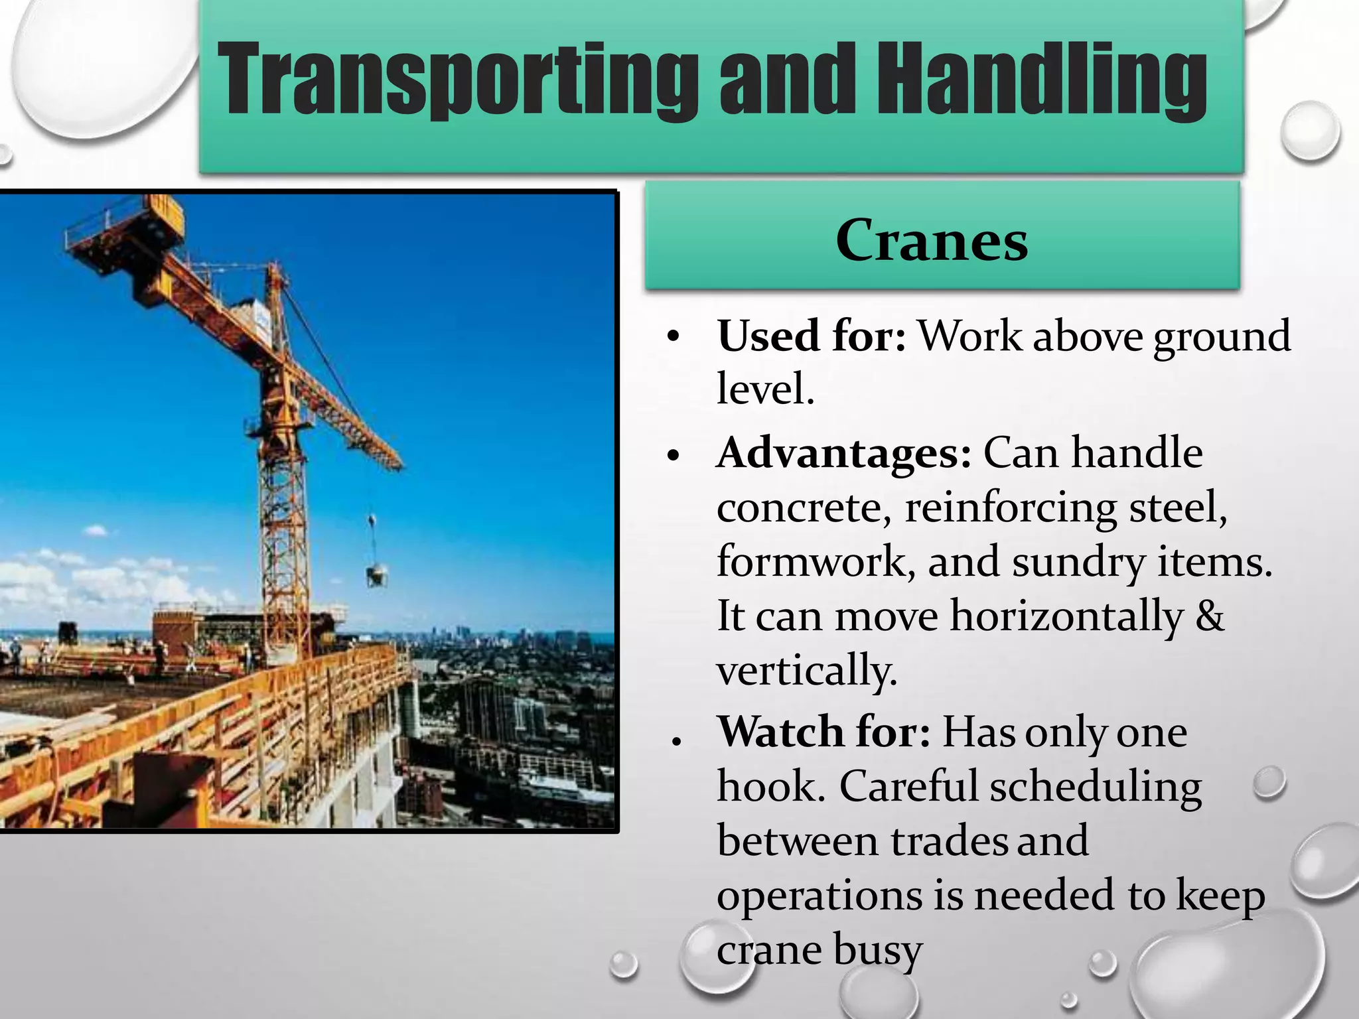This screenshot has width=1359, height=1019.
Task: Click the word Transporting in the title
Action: pos(458,80)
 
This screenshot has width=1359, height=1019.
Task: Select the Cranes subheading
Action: pos(932,240)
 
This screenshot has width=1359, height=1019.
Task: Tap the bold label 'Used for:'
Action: pos(811,336)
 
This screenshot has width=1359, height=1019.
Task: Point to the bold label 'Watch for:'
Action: pos(824,732)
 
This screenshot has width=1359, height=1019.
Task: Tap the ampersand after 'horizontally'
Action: pos(1209,616)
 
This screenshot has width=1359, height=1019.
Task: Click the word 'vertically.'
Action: pos(807,670)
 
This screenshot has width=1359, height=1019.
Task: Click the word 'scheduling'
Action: pos(1096,788)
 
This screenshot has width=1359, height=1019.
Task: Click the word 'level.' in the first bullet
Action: pos(765,389)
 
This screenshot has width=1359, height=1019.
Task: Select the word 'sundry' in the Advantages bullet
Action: pos(1078,563)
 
